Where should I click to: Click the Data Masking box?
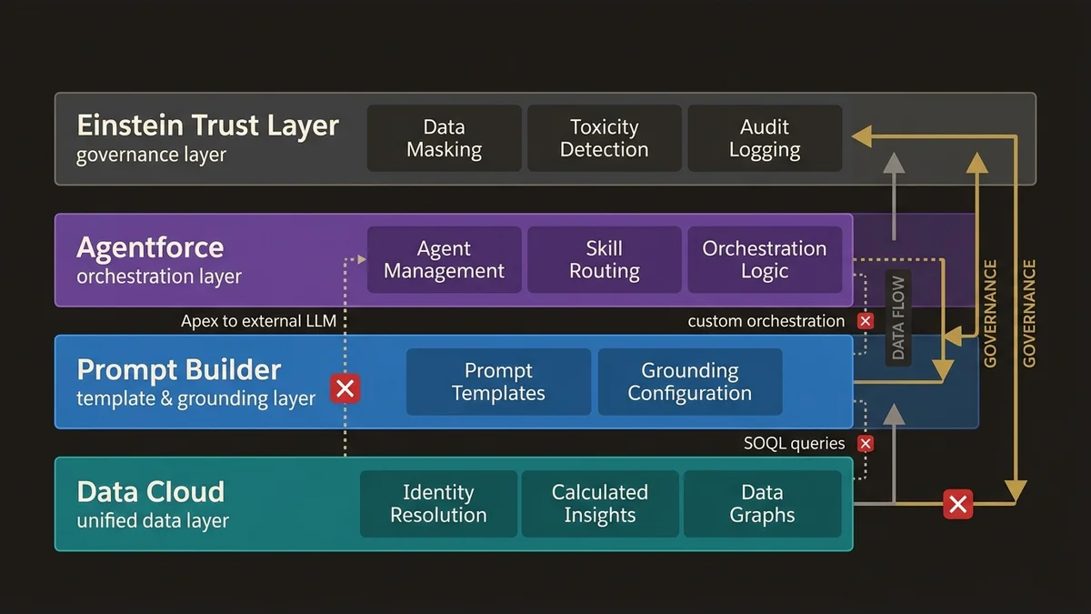point(444,138)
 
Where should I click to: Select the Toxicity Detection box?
point(604,138)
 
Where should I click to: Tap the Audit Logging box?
point(765,138)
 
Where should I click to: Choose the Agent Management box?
point(444,260)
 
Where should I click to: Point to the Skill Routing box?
point(604,260)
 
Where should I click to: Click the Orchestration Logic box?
point(765,260)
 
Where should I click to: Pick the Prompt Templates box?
point(498,382)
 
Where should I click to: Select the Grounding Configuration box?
point(689,382)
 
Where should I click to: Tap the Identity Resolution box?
point(438,504)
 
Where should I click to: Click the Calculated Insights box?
point(599,504)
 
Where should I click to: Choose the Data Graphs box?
point(762,504)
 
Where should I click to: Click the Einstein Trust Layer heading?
point(207,126)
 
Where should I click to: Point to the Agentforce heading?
point(150,247)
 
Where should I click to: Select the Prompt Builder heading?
point(179,370)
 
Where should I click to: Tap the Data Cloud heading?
point(150,492)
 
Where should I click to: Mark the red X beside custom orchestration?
point(866,321)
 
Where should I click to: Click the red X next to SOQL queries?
point(866,444)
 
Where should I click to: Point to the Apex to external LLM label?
point(265,321)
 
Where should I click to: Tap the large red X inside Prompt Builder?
point(345,389)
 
